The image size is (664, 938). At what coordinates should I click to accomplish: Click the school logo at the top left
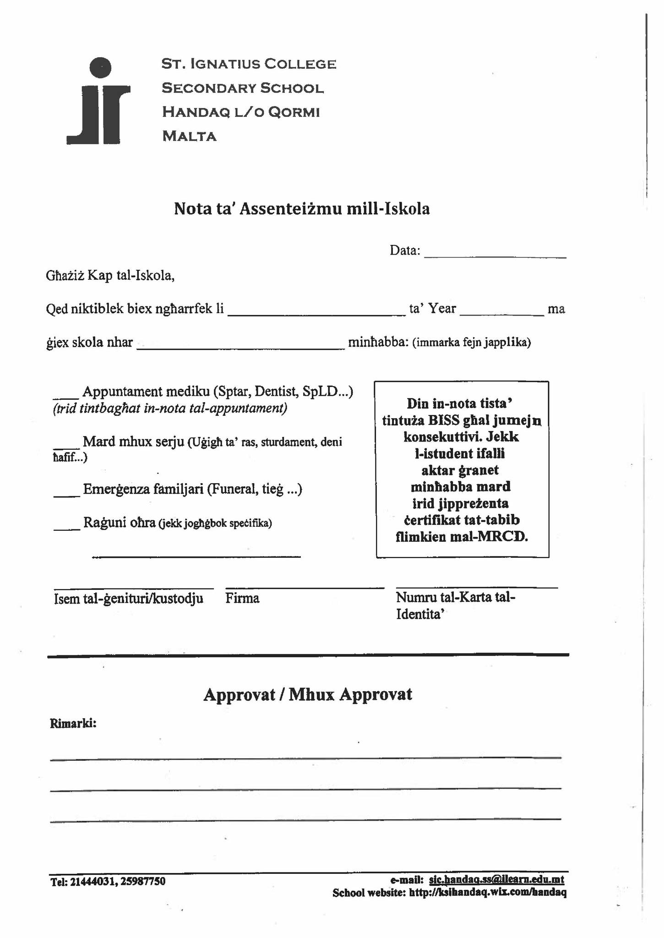pyautogui.click(x=98, y=101)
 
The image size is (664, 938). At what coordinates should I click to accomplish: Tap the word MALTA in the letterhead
pyautogui.click(x=189, y=136)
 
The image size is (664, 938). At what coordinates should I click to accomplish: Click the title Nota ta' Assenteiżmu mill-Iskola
pyautogui.click(x=302, y=209)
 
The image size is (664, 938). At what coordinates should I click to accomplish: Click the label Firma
pyautogui.click(x=242, y=599)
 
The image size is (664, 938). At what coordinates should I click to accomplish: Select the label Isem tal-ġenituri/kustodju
pyautogui.click(x=129, y=599)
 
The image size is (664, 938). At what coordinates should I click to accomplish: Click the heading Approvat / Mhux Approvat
pyautogui.click(x=308, y=694)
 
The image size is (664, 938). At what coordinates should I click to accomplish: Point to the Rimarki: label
pyautogui.click(x=73, y=724)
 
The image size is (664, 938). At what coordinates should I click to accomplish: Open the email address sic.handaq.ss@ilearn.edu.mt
pyautogui.click(x=496, y=879)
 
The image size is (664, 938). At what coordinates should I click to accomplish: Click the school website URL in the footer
pyautogui.click(x=487, y=893)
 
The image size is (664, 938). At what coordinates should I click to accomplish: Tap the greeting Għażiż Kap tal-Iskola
pyautogui.click(x=110, y=276)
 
